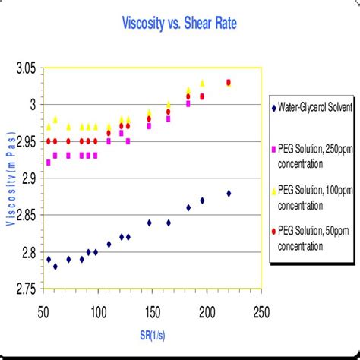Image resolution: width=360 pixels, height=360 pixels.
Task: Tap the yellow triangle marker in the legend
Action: click(275, 189)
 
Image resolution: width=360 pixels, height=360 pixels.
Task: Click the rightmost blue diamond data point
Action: click(229, 193)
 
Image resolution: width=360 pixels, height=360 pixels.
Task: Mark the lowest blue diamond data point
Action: click(55, 267)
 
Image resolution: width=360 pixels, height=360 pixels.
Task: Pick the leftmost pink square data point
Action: click(49, 163)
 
